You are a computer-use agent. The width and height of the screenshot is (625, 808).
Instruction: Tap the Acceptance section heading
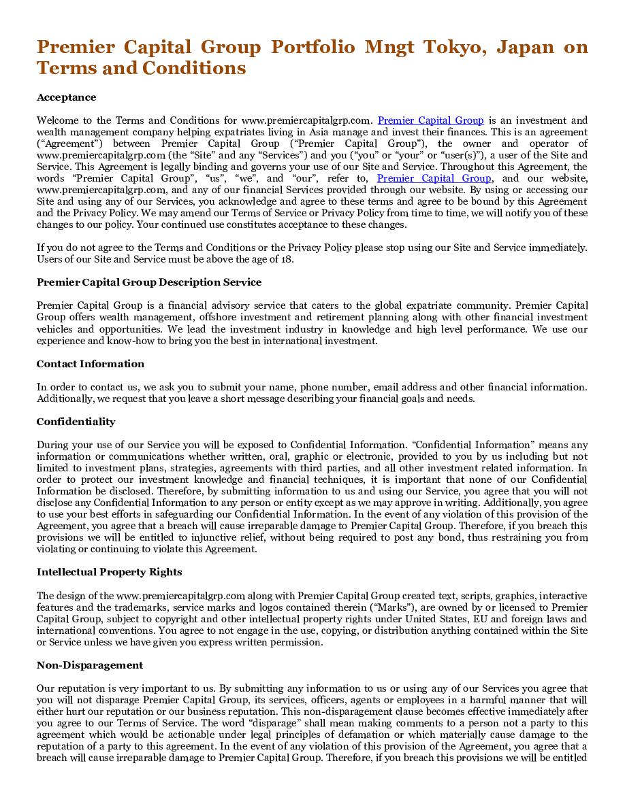66,97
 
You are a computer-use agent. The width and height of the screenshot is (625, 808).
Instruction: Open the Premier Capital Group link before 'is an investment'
430,120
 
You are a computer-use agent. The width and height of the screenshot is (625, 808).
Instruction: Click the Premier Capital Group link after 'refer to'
434,178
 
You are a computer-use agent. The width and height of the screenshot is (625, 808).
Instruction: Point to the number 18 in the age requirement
289,259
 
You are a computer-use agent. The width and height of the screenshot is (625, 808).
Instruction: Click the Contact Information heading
91,364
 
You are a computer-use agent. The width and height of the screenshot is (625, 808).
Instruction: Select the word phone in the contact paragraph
315,387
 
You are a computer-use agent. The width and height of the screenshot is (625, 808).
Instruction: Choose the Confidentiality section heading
76,422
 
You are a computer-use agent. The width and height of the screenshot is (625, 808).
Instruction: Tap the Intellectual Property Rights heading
109,572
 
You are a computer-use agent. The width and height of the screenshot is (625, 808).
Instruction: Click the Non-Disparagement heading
90,665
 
